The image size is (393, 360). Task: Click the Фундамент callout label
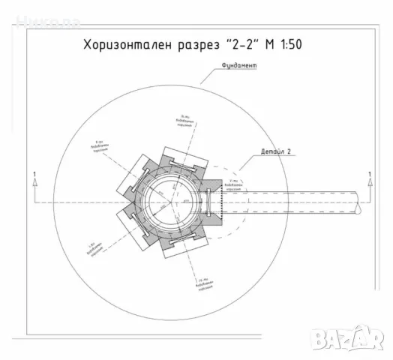tap(240, 67)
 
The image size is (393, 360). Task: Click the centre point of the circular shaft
tap(172, 202)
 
